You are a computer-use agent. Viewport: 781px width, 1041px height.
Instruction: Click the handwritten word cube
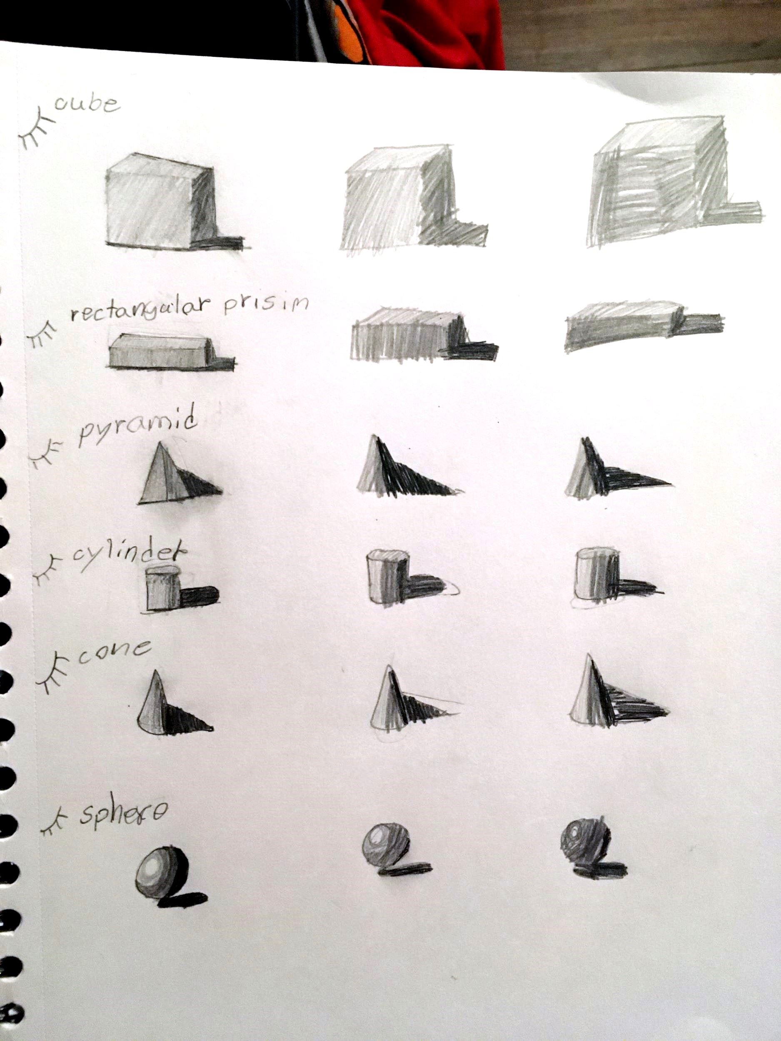pos(87,105)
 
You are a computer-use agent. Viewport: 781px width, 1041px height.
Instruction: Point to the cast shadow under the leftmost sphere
pos(184,899)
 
